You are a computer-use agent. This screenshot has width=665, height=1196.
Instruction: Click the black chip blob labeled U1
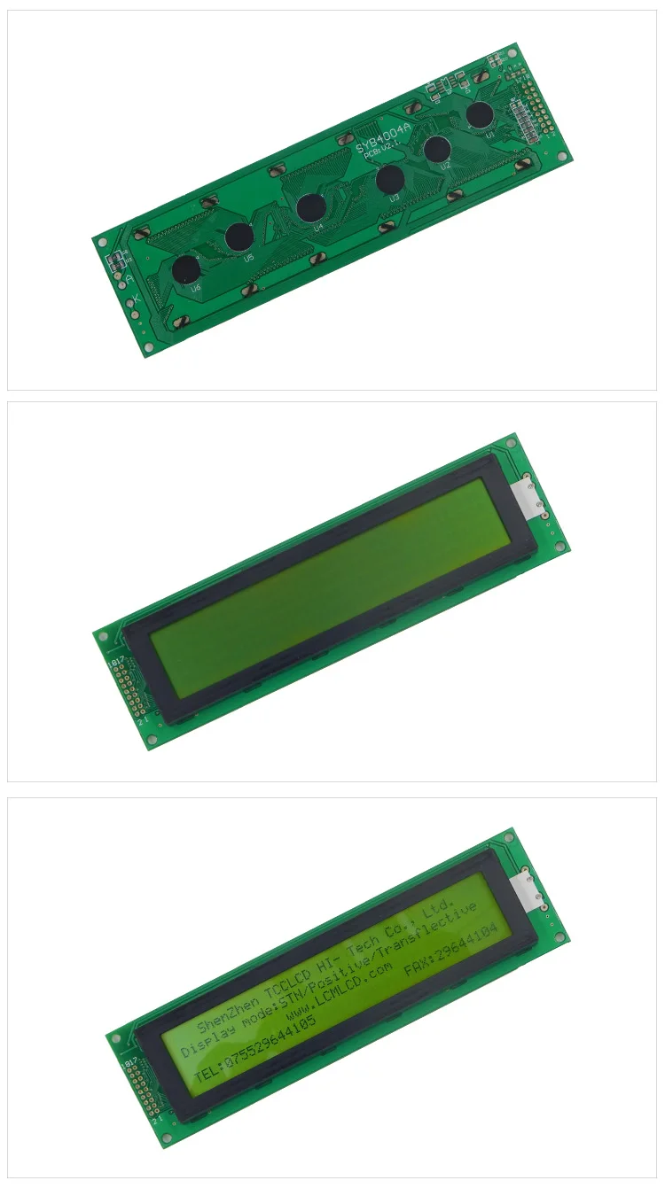pyautogui.click(x=480, y=114)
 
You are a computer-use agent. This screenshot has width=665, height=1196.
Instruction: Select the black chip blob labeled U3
pyautogui.click(x=390, y=180)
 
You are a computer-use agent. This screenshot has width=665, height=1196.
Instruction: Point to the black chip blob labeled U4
pyautogui.click(x=310, y=207)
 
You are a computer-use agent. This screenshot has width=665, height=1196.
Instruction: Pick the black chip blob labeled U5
pyautogui.click(x=239, y=237)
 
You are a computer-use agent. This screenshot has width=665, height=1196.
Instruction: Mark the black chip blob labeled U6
pyautogui.click(x=186, y=270)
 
